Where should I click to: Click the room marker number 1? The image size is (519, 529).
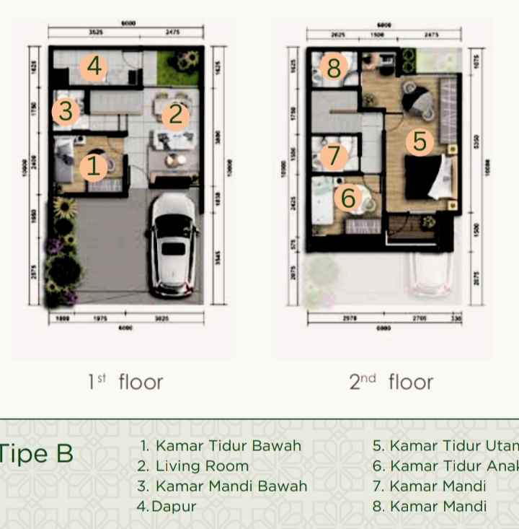(93, 167)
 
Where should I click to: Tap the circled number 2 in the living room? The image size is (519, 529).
(174, 115)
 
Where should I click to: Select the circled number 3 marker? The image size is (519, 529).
(66, 112)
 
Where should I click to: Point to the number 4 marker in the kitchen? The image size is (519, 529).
(93, 67)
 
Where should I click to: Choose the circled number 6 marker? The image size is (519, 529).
(348, 196)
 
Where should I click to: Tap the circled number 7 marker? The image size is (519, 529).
(332, 154)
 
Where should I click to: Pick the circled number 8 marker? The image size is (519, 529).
(333, 69)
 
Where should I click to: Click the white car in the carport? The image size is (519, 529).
(172, 245)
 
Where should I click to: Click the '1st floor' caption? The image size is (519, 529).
(125, 382)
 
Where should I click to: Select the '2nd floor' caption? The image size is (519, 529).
(391, 382)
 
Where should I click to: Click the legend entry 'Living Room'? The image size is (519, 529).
(192, 466)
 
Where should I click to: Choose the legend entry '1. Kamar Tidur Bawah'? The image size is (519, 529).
(219, 446)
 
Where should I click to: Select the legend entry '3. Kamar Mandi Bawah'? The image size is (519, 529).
(222, 486)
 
